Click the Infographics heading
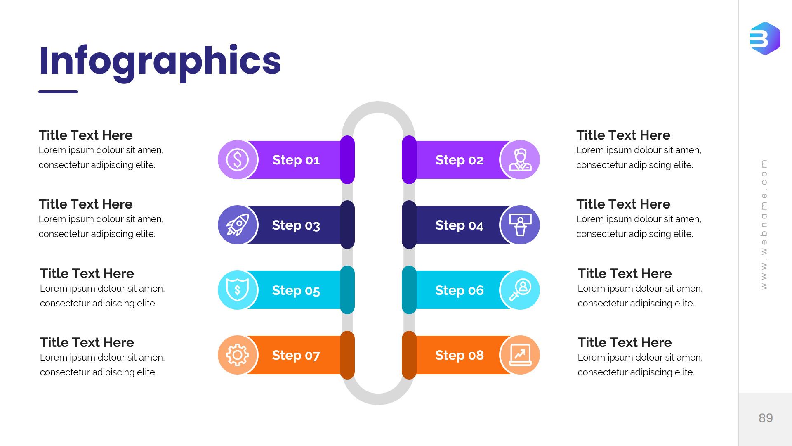click(160, 61)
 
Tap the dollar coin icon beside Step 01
click(238, 160)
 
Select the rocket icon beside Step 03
click(238, 225)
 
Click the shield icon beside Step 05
click(238, 290)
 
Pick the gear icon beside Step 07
click(238, 355)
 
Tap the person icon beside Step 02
click(520, 160)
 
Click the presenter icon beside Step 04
click(520, 225)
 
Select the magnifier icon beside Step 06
click(520, 290)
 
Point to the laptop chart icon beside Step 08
click(520, 355)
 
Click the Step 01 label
click(296, 160)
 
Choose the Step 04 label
click(460, 225)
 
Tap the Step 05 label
click(296, 290)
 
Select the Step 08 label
click(460, 355)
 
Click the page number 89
click(766, 418)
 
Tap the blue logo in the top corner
click(765, 38)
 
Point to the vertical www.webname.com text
click(764, 225)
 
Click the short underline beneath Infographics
click(58, 92)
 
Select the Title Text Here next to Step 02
click(623, 135)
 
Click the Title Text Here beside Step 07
click(87, 342)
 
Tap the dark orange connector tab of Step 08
click(409, 355)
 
